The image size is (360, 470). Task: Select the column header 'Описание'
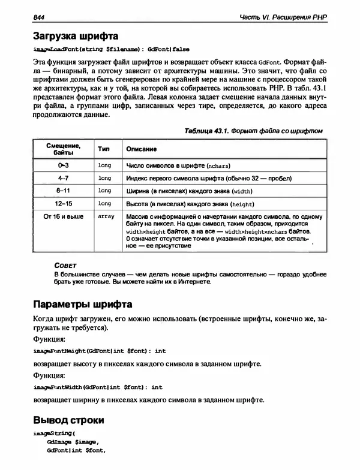coord(141,148)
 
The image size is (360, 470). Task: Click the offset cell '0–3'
coord(63,164)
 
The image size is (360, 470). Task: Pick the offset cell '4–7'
coord(63,178)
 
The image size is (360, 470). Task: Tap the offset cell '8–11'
coord(63,191)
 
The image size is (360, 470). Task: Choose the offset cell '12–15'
coord(63,204)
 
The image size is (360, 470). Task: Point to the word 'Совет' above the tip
coord(65,264)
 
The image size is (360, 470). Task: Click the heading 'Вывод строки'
coord(68,420)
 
